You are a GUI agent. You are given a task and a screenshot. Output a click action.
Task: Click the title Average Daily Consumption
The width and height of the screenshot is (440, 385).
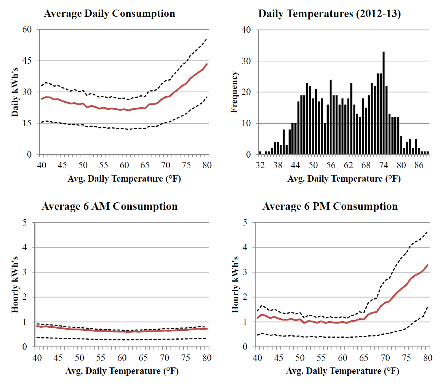[x=110, y=14]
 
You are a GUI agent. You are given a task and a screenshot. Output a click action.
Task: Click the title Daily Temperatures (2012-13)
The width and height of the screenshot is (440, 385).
[x=330, y=14]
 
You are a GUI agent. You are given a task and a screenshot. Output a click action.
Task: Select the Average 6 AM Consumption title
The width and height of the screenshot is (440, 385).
[x=110, y=206]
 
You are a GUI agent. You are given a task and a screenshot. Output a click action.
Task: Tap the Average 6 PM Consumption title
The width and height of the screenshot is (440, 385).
[x=330, y=206]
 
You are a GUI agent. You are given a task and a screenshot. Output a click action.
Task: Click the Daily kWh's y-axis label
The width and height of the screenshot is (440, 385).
[x=15, y=92]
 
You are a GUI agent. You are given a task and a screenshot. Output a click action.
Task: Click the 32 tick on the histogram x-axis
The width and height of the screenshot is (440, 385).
[x=260, y=166]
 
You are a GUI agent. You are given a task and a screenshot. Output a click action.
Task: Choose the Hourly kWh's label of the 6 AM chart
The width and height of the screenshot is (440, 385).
[x=15, y=284]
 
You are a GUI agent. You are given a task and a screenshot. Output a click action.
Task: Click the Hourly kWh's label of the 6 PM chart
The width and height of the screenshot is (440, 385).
[x=235, y=284]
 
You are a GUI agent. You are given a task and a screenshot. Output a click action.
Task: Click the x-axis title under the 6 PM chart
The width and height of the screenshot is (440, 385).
[x=342, y=371]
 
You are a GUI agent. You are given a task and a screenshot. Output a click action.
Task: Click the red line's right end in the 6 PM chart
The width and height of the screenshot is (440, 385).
[x=428, y=265]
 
